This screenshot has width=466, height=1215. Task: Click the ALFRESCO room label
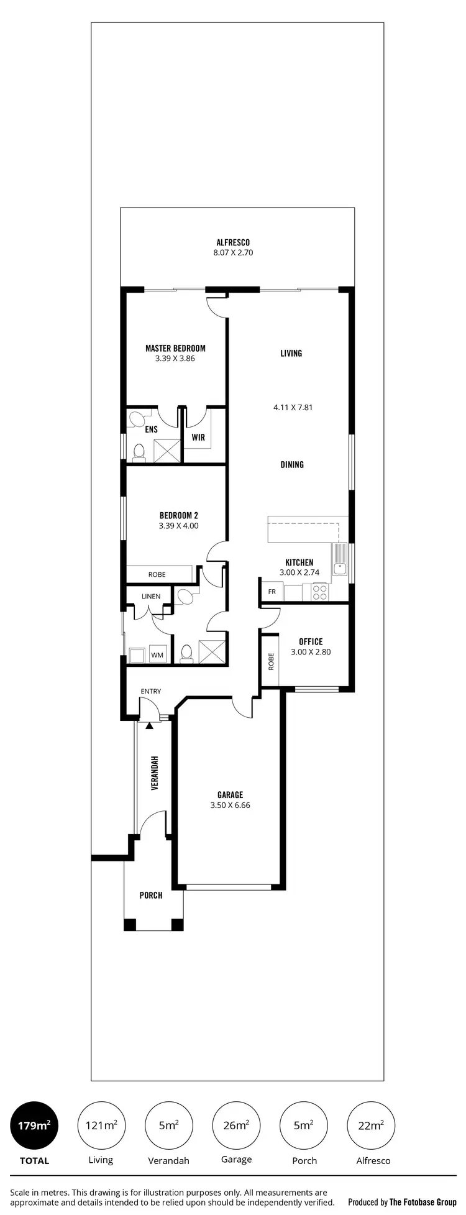coord(233,242)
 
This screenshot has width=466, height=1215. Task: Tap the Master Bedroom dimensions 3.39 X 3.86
coord(175,359)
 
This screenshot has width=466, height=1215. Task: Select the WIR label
coord(198,438)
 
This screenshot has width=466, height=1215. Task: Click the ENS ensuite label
coord(151,429)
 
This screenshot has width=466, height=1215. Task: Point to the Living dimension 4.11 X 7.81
coord(293,408)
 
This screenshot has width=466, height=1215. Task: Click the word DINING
coord(292,464)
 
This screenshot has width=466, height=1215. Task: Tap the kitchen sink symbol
coord(340,559)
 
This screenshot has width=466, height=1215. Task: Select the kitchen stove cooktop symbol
coord(319,592)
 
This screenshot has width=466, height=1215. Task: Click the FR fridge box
coord(272,592)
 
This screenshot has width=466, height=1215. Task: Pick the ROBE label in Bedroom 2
coord(157,574)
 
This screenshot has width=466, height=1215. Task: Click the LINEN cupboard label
coord(151,597)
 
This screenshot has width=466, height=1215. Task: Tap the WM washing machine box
coord(157,654)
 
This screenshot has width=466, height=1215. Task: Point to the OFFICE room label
coord(311,641)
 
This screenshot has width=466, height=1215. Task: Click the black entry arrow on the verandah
coord(149,725)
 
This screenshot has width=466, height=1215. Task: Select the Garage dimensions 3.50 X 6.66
coord(230,805)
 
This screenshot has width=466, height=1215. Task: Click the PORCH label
coord(151,895)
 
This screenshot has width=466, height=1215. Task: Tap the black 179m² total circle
coord(34,1125)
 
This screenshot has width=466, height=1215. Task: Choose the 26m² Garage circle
coord(236,1125)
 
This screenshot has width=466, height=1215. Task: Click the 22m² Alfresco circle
coord(372,1125)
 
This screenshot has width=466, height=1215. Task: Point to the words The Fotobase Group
coord(423,1202)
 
